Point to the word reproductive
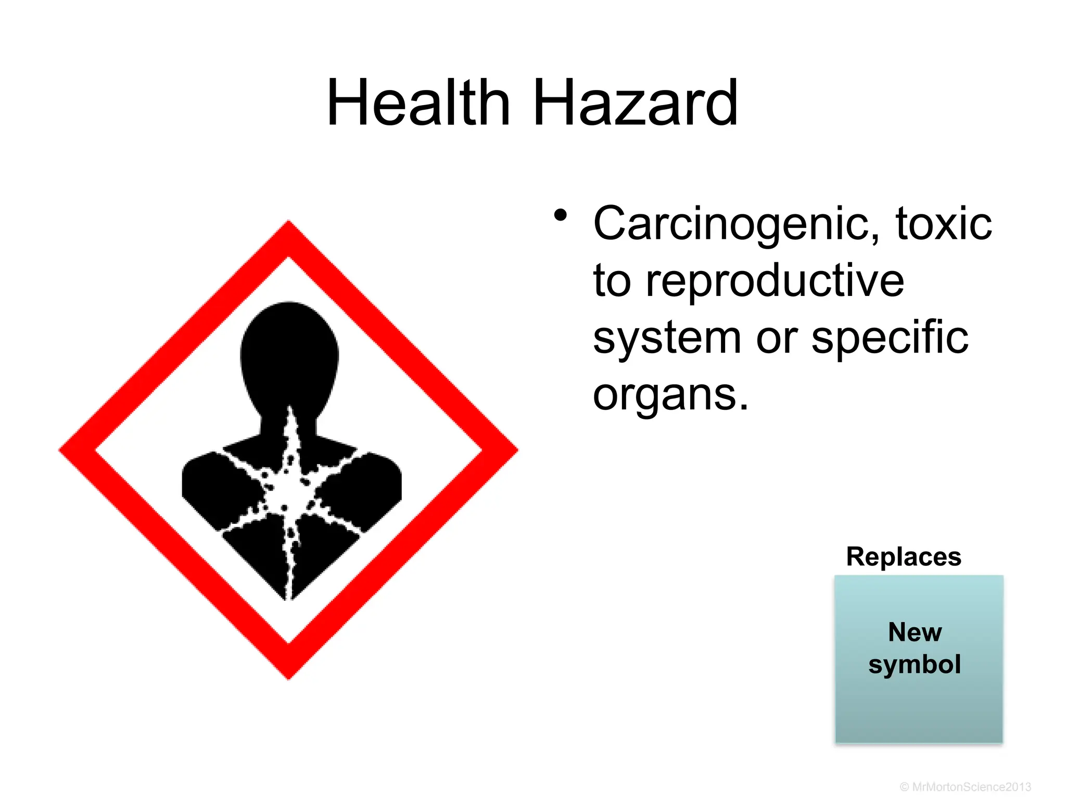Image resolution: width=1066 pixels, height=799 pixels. (x=775, y=281)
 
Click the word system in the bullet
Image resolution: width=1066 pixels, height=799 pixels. (x=667, y=338)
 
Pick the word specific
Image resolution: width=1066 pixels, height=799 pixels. (x=890, y=338)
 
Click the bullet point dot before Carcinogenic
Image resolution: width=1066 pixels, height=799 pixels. (x=560, y=215)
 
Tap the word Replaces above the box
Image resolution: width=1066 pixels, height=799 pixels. (x=904, y=557)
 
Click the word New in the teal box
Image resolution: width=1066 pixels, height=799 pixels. (x=915, y=632)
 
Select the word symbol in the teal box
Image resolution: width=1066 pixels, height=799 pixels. (x=915, y=665)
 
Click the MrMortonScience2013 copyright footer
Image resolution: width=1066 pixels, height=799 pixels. (x=966, y=787)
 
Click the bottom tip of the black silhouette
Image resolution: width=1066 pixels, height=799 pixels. (x=288, y=598)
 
